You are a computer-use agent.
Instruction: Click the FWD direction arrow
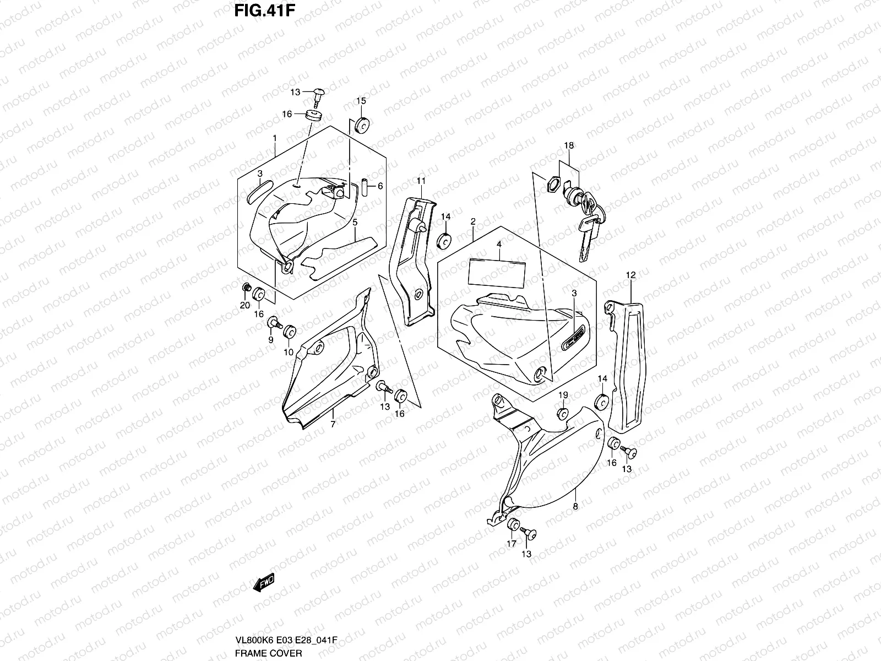tap(263, 582)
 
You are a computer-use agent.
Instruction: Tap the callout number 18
tap(568, 145)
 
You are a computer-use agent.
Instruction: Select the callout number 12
tap(631, 274)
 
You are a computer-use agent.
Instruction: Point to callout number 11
tap(421, 181)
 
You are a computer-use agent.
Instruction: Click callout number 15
tap(361, 101)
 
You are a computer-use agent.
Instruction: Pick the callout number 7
tap(333, 424)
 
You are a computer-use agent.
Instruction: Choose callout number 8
tap(575, 506)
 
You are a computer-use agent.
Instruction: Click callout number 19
tap(563, 395)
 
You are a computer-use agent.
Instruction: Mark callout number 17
tap(512, 544)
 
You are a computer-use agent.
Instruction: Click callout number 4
tap(498, 243)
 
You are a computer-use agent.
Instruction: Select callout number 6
tap(380, 186)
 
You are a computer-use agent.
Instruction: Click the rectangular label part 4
tap(496, 272)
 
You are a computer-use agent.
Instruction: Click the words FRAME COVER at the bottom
tap(268, 653)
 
